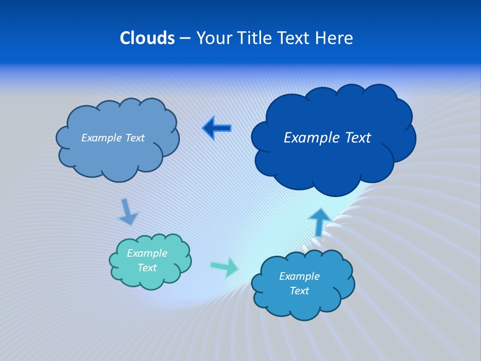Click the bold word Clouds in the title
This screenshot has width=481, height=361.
147,38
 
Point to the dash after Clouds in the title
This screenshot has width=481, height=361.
185,38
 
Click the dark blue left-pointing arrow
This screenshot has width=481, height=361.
217,128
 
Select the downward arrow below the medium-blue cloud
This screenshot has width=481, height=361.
128,212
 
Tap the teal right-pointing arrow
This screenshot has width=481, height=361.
224,267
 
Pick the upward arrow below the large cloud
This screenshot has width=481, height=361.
319,222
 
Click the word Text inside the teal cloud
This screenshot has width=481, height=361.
147,268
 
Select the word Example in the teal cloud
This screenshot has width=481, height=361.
147,253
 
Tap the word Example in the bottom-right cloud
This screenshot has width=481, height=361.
299,276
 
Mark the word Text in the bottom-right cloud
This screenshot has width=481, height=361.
299,291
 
